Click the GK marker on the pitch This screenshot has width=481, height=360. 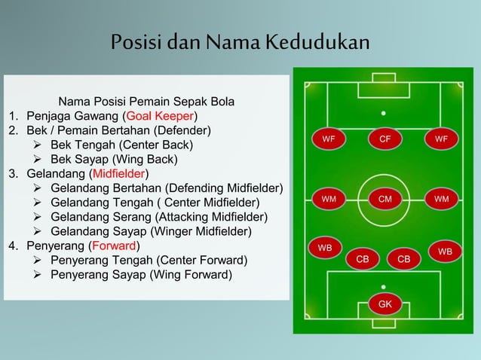(384, 304)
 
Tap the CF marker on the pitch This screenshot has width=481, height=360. (384, 139)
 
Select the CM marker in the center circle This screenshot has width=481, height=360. (384, 199)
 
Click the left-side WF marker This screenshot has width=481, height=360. (329, 139)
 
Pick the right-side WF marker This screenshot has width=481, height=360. (441, 139)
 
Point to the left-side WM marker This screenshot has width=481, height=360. (329, 199)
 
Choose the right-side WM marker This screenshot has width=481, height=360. (441, 199)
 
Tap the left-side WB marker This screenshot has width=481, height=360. (325, 247)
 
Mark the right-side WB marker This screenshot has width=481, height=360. (445, 251)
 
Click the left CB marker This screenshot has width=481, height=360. (363, 259)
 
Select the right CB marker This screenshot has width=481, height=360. (404, 259)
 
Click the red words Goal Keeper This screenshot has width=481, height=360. (161, 116)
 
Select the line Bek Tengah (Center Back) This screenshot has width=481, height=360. (121, 145)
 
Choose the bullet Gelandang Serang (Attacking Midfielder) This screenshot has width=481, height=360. (158, 217)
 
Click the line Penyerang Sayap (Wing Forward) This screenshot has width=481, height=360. (141, 274)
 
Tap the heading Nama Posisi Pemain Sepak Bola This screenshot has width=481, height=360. (146, 101)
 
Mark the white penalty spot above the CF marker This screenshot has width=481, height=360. (384, 114)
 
